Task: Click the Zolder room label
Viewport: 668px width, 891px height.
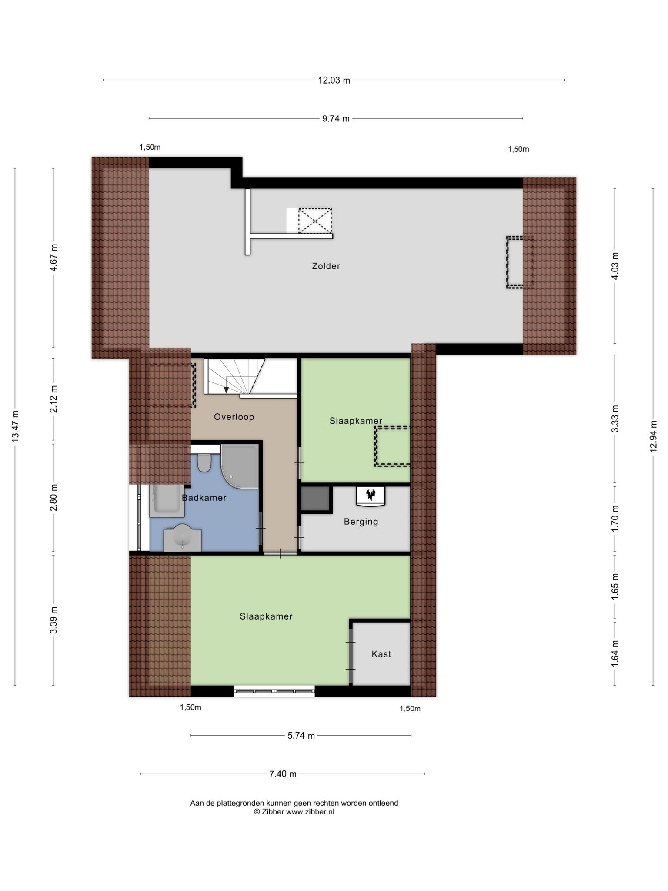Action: coord(326,266)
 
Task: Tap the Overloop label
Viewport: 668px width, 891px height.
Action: coord(234,417)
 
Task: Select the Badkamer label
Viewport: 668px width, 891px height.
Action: coord(204,498)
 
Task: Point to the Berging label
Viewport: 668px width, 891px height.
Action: coord(361,522)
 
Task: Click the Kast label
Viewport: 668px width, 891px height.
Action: coord(381,654)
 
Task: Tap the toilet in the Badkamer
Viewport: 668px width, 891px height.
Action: coord(204,463)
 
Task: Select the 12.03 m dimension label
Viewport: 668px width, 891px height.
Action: coord(334,80)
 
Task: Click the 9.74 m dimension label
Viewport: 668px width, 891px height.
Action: coord(336,118)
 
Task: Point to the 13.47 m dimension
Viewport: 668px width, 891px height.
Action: coord(15,426)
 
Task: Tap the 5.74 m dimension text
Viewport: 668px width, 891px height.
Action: coord(301,736)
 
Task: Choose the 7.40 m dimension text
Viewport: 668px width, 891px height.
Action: coord(283,774)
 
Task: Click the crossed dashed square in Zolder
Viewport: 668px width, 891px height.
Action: coord(315,221)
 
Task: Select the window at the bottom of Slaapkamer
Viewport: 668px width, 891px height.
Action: coord(274,691)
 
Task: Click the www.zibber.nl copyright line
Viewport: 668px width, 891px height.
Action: coord(294,812)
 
